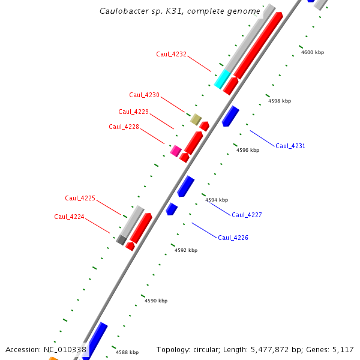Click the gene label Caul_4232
171,54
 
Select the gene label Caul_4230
144,95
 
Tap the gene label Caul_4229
133,112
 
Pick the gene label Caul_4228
124,127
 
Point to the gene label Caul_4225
80,198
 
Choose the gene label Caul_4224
69,217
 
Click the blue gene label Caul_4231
290,146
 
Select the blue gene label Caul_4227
247,215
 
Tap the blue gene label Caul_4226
233,238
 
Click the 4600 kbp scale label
312,52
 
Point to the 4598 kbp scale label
279,101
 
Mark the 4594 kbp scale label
217,200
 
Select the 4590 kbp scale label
155,301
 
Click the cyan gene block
222,79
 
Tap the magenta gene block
176,151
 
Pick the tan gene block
196,119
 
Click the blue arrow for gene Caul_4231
230,116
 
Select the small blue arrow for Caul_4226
172,209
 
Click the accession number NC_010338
65,349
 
